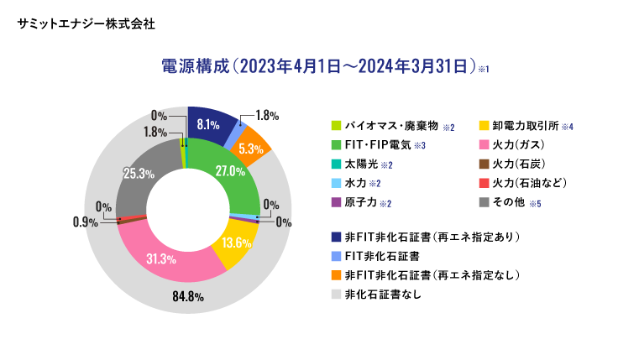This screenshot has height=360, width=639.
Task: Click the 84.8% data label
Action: [187, 298]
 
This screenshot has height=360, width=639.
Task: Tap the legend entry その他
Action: [511, 202]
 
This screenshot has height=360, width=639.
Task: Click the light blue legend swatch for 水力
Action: [336, 183]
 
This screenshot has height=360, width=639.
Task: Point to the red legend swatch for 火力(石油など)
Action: [483, 183]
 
